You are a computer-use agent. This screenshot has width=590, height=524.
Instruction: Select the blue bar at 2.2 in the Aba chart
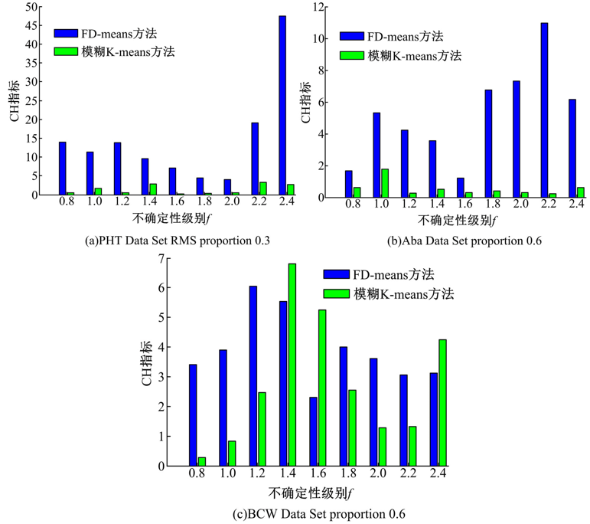click(544, 110)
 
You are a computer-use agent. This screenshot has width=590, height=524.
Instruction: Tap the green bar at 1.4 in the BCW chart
click(292, 365)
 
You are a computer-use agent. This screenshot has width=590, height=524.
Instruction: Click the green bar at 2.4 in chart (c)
click(443, 402)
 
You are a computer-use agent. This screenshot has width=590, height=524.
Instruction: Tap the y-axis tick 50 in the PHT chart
click(30, 7)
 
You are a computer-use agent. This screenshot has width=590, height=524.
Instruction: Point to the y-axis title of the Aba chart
click(306, 106)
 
